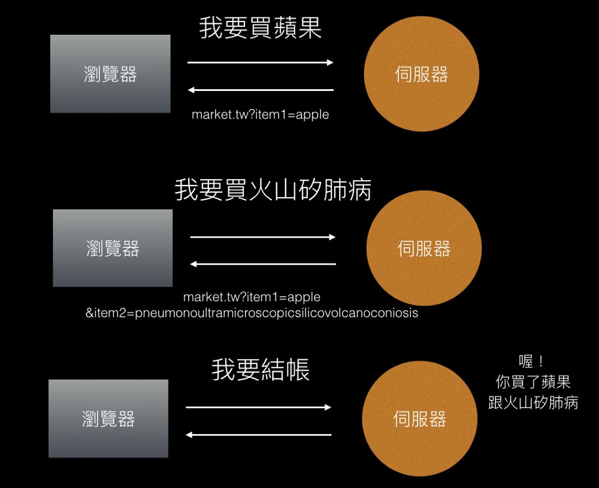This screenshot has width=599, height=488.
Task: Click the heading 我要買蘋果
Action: (261, 28)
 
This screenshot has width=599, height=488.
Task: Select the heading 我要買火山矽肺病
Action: (273, 190)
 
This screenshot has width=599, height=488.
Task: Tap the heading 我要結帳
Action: (261, 369)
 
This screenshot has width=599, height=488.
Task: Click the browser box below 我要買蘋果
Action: (110, 74)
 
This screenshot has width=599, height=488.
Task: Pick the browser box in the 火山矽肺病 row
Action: (113, 248)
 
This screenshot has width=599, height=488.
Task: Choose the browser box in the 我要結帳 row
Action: (108, 419)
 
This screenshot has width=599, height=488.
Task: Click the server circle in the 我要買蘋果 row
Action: (422, 74)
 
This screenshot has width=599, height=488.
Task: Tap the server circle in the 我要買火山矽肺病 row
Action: (424, 248)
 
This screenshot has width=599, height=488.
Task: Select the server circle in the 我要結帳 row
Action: (420, 419)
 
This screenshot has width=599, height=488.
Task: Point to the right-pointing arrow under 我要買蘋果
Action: (261, 62)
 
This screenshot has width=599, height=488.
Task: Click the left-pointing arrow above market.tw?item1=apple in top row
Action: (261, 90)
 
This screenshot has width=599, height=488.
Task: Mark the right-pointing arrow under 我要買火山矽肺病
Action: (263, 237)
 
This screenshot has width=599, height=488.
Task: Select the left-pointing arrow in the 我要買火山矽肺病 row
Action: (263, 264)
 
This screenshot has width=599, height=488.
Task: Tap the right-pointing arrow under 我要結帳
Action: (258, 407)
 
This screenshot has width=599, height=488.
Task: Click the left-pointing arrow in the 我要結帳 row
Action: (258, 435)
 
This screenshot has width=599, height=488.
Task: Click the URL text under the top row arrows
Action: (261, 114)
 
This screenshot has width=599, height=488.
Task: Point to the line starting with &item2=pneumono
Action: (252, 313)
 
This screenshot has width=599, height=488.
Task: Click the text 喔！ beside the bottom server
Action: (532, 362)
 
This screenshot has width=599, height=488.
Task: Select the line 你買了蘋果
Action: (533, 382)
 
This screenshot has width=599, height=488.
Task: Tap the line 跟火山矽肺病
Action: (533, 402)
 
